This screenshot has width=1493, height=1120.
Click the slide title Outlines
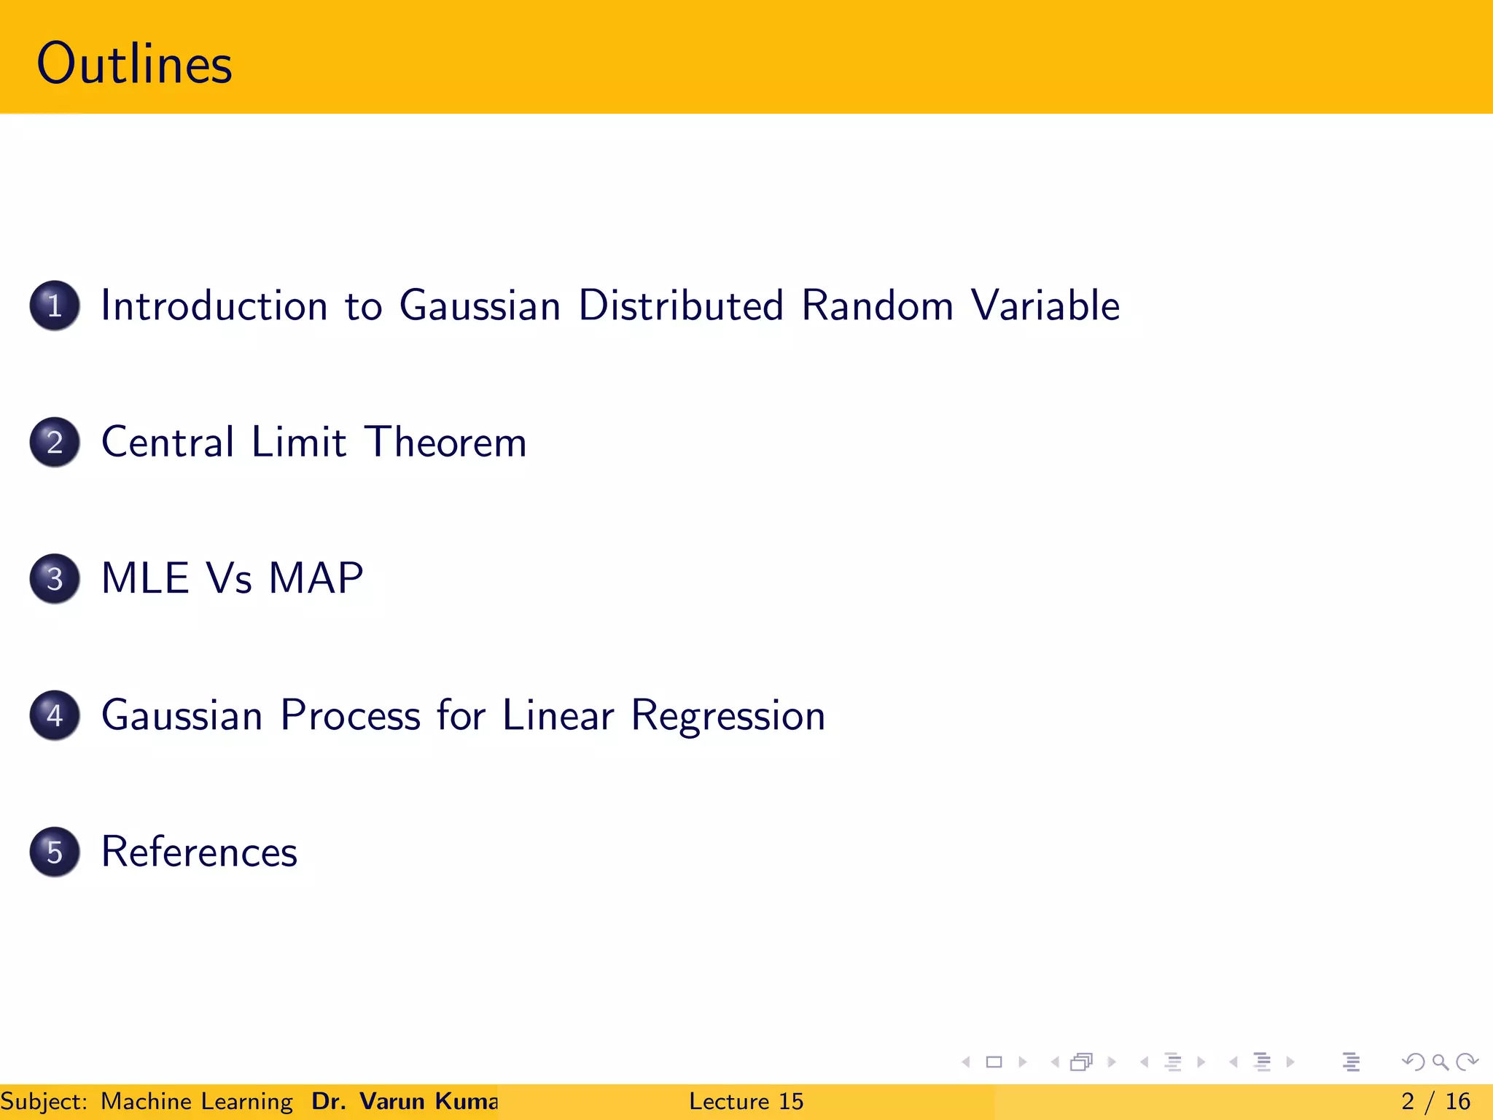(134, 64)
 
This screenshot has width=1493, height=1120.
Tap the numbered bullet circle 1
(55, 306)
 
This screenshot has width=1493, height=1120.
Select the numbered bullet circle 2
(55, 442)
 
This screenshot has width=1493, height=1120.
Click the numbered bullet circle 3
(55, 579)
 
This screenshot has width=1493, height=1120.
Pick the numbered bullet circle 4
(55, 715)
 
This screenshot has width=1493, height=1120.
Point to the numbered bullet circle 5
(55, 852)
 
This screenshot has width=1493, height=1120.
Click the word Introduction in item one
(214, 306)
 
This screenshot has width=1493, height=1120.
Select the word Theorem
(445, 442)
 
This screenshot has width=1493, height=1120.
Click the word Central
(168, 442)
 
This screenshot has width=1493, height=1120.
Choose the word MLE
(145, 579)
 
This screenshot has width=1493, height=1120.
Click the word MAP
(315, 579)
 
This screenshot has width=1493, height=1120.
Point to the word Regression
(728, 715)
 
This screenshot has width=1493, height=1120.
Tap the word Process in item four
(350, 715)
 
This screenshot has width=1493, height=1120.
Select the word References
(199, 852)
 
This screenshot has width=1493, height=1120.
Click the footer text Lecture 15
(746, 1101)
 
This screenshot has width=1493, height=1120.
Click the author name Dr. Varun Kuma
(405, 1101)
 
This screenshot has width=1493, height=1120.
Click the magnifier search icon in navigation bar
(1440, 1062)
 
